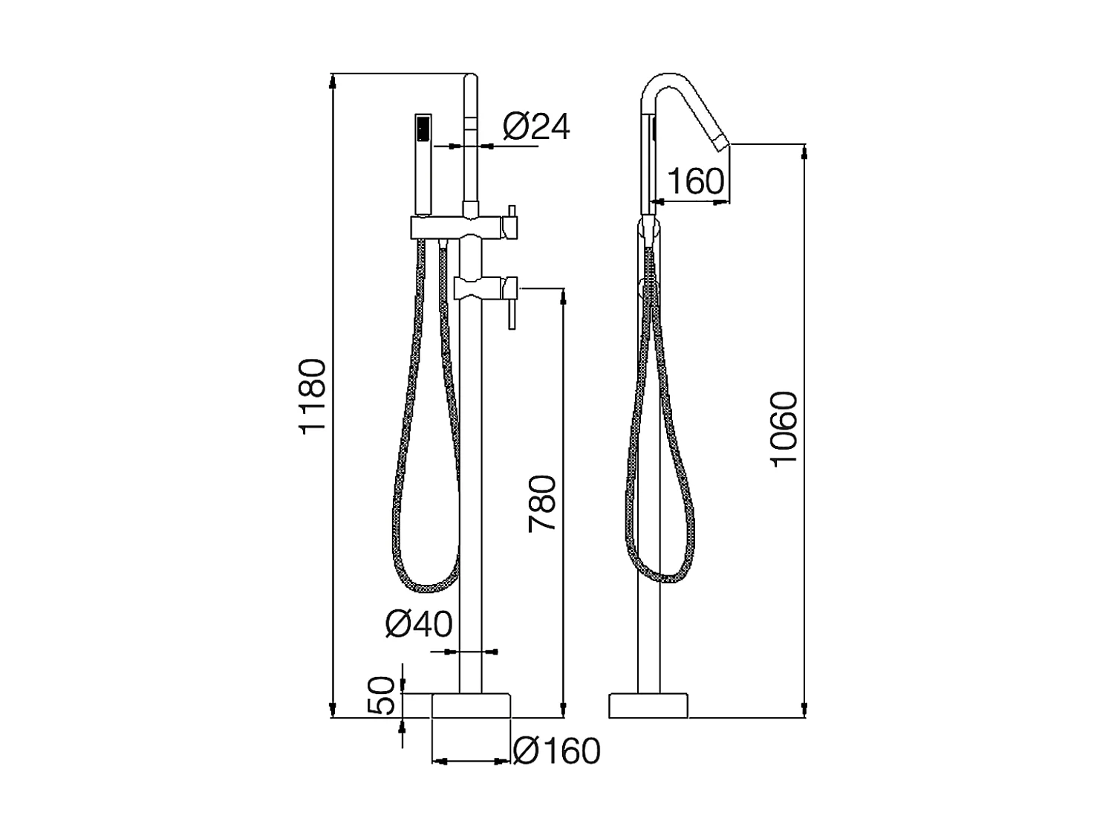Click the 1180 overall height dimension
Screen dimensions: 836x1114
click(x=313, y=395)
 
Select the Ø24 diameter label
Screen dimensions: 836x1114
click(x=536, y=126)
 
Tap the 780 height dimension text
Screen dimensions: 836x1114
click(x=543, y=504)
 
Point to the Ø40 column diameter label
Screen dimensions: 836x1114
click(x=419, y=624)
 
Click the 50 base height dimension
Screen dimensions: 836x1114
click(x=381, y=696)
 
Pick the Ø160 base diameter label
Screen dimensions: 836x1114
click(x=556, y=751)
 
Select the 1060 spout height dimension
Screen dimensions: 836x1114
click(x=784, y=429)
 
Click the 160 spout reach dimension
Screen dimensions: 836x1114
click(x=695, y=181)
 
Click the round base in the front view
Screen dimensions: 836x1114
click(x=472, y=706)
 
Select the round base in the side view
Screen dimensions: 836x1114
click(x=648, y=706)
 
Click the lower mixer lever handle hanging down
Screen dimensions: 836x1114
click(x=511, y=311)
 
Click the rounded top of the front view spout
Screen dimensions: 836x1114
click(x=471, y=76)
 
